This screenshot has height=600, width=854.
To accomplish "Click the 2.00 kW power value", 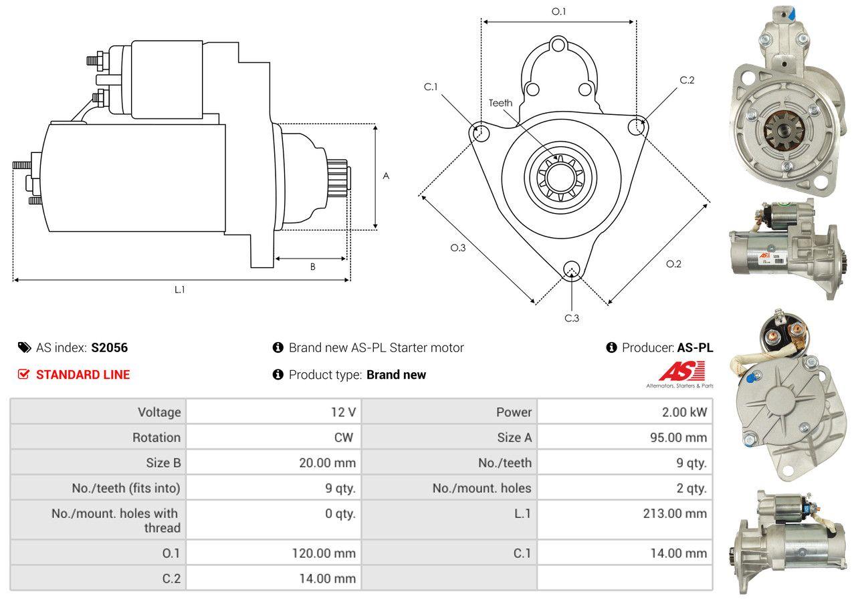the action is coord(684,412).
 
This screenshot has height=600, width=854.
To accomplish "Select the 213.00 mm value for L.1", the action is coord(675,514).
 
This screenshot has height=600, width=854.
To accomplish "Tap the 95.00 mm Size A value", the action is coord(678,438).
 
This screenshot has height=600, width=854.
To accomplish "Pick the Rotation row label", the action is coord(156,438).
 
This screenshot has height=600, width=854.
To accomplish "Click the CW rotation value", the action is coord(344,438).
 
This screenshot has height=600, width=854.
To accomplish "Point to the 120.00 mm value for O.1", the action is coord(324,553).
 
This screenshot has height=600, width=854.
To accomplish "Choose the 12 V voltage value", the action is coord(343,412).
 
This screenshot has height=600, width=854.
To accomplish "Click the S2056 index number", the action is coord(110,347).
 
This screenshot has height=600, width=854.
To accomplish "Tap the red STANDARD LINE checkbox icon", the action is coord(23,374).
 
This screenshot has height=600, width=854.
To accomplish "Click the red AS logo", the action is coord(682,371).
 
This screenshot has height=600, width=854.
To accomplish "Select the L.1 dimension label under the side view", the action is coord(180,289).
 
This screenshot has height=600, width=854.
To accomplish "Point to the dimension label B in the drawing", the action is coord(312,267).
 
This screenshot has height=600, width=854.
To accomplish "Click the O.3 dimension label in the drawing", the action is coord(458,248).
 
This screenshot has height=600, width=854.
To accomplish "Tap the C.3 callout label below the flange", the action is coord(572,318).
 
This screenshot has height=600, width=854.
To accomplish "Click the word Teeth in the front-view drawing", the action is coord(501,103).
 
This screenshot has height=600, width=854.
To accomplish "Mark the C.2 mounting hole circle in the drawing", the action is coord(636,127).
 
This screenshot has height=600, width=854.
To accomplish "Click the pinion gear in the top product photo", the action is coord(784,132).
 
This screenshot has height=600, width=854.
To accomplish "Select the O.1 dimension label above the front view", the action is coord(558,12).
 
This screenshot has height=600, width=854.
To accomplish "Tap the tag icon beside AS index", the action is coord(25,347).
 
